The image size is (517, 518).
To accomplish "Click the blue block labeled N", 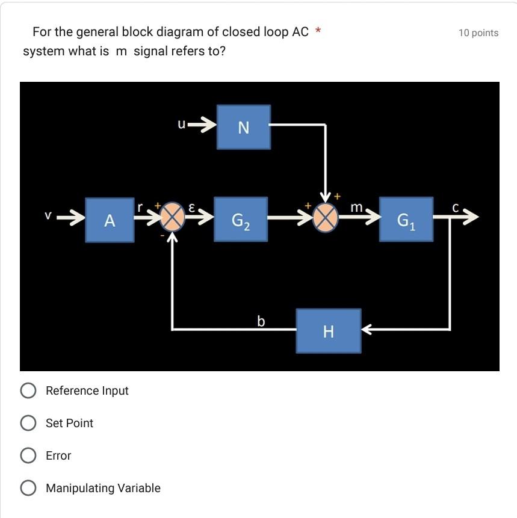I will (x=243, y=127).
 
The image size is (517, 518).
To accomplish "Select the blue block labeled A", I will (x=110, y=220).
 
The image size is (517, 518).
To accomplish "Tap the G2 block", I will (x=241, y=220).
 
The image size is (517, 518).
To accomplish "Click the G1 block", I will (x=406, y=220).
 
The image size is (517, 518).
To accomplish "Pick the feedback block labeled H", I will (x=328, y=331).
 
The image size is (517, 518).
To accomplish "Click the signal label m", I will (x=356, y=208).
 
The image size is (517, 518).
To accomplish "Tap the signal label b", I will (x=261, y=321).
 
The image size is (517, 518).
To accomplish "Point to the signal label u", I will (x=181, y=124).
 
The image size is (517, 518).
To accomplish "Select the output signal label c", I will (x=456, y=208).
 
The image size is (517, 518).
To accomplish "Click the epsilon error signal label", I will (x=191, y=207).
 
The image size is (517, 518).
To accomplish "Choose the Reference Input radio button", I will (x=28, y=391).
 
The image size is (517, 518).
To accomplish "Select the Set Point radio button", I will (x=28, y=424).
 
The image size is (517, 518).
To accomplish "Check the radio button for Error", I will (x=28, y=456).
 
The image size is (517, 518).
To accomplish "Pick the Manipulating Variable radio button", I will (x=28, y=489).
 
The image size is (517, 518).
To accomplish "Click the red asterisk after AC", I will (x=318, y=30).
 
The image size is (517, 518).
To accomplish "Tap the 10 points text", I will (x=478, y=33).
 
